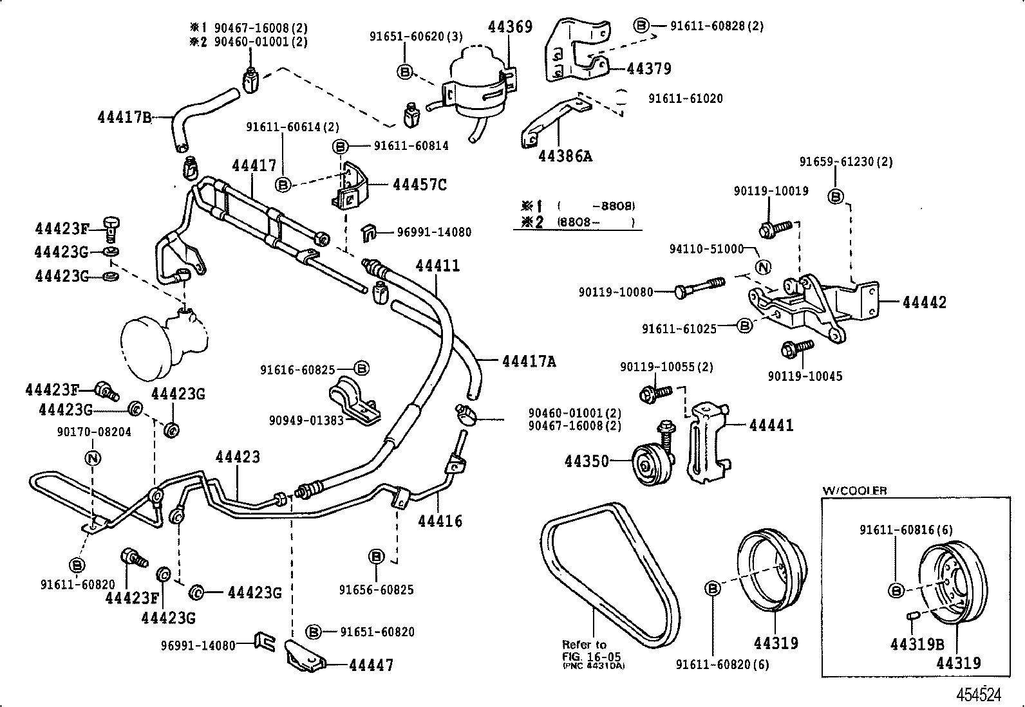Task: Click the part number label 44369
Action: click(x=510, y=27)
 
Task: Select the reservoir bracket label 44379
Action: click(x=649, y=69)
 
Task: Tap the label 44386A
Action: click(x=565, y=156)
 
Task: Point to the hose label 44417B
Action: click(x=124, y=117)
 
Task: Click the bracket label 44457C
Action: click(x=420, y=185)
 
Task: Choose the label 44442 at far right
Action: click(x=925, y=302)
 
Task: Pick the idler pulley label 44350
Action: click(x=587, y=461)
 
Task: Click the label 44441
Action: click(x=771, y=425)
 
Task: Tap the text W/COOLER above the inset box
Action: click(x=854, y=491)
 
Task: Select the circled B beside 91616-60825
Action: click(x=362, y=369)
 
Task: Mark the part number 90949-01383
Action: click(x=306, y=421)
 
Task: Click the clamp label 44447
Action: click(x=371, y=665)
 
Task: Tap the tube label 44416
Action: click(x=440, y=520)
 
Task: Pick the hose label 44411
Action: click(x=438, y=265)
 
